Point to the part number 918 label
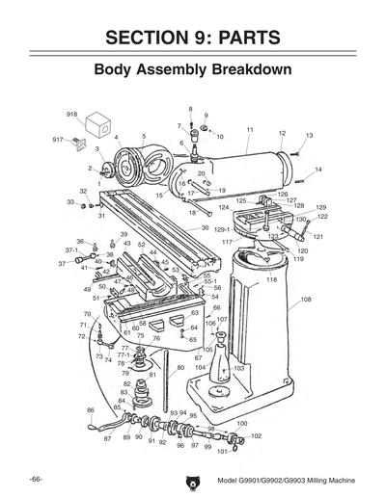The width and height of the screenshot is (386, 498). (71, 115)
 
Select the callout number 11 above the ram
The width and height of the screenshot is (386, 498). (249, 129)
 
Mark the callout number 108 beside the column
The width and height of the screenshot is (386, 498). (306, 300)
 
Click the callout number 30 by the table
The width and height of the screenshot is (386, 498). (205, 228)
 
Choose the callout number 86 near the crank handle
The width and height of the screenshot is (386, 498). (90, 409)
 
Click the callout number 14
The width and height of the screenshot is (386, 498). (318, 170)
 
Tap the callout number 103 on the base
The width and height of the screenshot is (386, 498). (239, 368)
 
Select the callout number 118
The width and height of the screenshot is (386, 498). (271, 279)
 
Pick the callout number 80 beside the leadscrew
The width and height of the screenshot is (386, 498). (179, 367)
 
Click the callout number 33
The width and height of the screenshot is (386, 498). (70, 203)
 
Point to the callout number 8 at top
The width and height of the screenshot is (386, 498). (190, 109)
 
